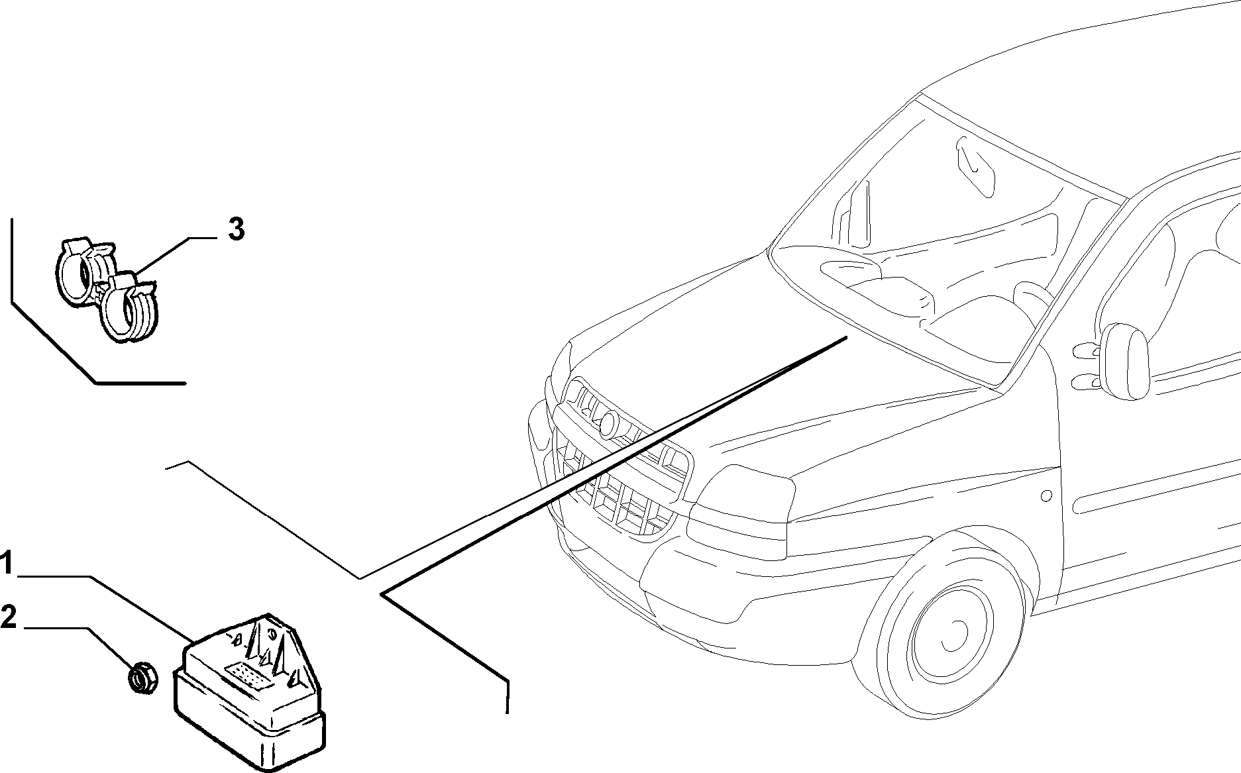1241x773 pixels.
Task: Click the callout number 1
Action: tap(6, 566)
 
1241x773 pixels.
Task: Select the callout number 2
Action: tap(8, 617)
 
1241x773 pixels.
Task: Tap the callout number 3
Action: tap(237, 229)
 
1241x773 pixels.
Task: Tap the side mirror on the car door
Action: tap(1126, 362)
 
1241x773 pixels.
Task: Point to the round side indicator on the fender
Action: tap(1046, 495)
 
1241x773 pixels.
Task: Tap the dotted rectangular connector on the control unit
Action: tap(248, 676)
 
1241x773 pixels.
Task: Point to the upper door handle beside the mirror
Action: tap(1085, 349)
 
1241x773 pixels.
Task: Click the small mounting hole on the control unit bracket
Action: tap(271, 633)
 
